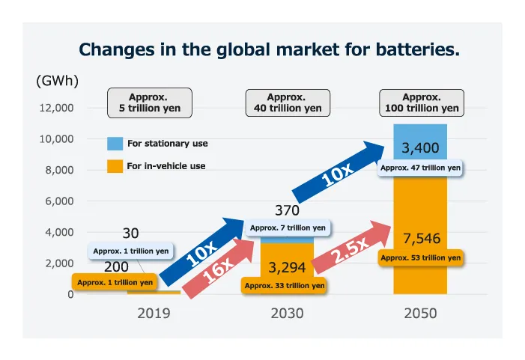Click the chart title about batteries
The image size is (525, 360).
point(269,50)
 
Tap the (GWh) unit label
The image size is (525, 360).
point(58,81)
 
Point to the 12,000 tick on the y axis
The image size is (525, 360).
point(57,108)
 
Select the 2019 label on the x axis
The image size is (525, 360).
point(154,314)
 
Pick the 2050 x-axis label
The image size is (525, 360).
point(420,314)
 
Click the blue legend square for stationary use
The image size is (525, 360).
point(115,144)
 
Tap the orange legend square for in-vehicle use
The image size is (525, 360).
point(115,166)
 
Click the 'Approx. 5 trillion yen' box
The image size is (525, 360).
point(150,103)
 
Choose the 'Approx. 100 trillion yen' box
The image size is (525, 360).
point(421,103)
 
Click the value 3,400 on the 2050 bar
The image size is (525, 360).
point(420,147)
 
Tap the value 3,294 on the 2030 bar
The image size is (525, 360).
point(287,267)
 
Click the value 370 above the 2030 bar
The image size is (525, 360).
point(287,211)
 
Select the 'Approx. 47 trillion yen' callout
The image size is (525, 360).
point(420,168)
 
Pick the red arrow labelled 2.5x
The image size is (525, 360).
point(350,249)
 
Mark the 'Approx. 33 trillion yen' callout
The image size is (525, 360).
point(285,285)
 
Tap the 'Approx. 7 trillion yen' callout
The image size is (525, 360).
point(288,228)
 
